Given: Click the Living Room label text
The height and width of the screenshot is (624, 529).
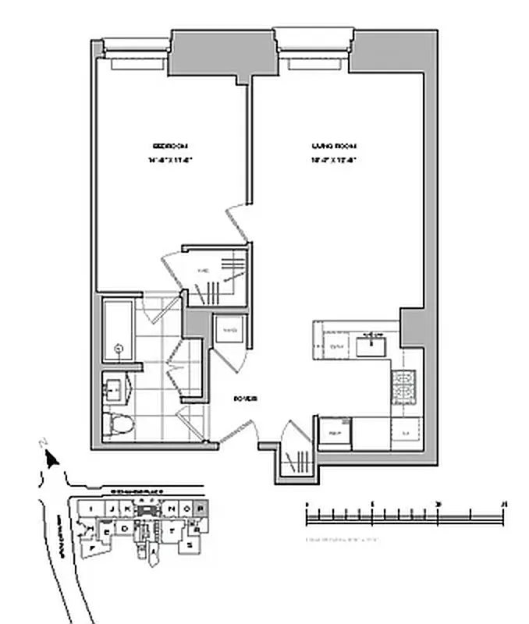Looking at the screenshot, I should (334, 146).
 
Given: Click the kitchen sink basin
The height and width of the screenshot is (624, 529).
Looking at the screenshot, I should (373, 339).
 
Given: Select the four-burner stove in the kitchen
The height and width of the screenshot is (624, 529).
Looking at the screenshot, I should (406, 383).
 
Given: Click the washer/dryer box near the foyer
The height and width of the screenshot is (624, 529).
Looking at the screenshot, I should (230, 331).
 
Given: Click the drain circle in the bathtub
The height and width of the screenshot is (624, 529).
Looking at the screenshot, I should (119, 349).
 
